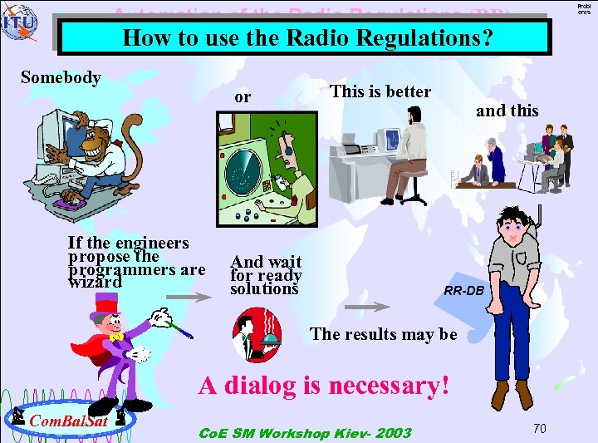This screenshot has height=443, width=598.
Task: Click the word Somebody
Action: click(x=61, y=77)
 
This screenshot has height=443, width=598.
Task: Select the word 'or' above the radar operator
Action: click(x=243, y=97)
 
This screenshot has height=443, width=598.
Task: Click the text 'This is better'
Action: click(x=380, y=91)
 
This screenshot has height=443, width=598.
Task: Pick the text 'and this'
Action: click(x=507, y=111)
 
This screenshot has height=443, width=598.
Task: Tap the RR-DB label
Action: click(x=463, y=292)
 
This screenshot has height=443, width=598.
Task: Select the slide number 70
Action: click(x=539, y=428)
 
